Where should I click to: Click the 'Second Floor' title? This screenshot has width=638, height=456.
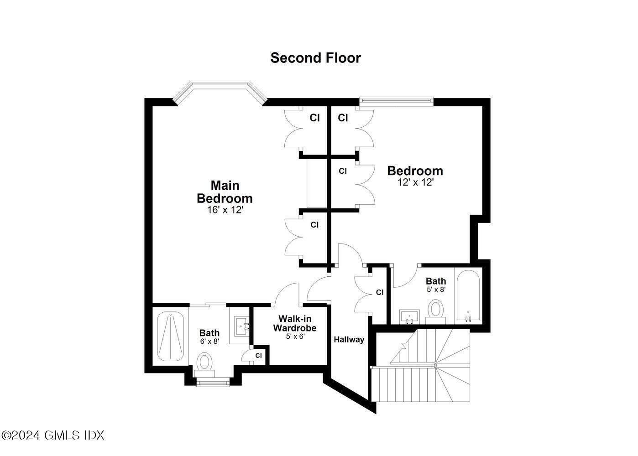(x=315, y=58)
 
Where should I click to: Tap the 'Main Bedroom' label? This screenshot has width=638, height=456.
(x=225, y=192)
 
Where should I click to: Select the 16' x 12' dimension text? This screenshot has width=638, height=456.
(x=225, y=210)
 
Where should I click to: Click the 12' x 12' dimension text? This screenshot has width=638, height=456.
(x=415, y=182)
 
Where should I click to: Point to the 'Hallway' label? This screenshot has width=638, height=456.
(x=349, y=339)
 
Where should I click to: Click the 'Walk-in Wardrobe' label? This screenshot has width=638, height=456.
(x=295, y=323)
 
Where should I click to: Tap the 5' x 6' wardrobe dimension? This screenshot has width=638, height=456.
(x=295, y=337)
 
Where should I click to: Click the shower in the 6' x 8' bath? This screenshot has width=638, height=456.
(x=171, y=336)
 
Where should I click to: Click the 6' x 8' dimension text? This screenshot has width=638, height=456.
(x=209, y=341)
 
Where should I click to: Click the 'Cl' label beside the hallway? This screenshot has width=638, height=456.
(x=380, y=292)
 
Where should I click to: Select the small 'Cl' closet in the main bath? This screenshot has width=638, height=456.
(x=258, y=355)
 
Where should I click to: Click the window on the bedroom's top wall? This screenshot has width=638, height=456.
(x=396, y=101)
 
